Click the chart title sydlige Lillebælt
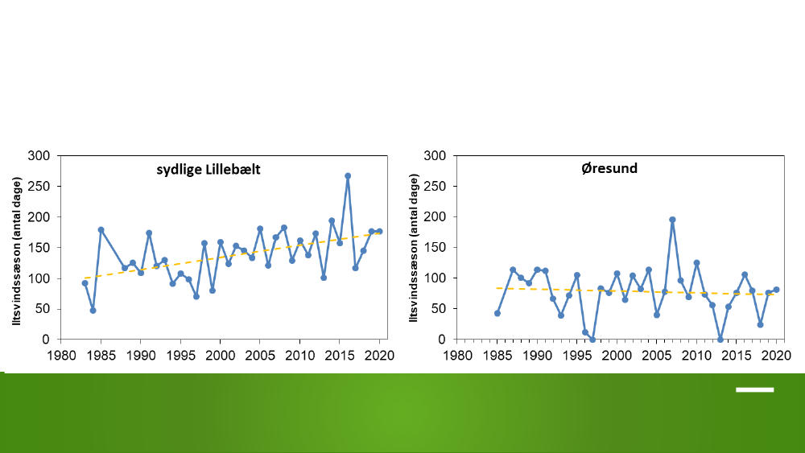tap(208, 170)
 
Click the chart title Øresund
tap(609, 168)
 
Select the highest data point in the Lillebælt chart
tap(348, 176)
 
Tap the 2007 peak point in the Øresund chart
tap(672, 220)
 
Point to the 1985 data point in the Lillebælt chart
tap(101, 230)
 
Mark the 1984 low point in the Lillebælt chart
tap(93, 311)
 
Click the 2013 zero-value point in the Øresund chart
tap(720, 339)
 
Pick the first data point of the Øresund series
tap(497, 313)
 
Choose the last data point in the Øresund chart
tap(776, 290)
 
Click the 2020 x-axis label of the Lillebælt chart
tap(379, 356)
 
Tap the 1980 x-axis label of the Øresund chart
tap(457, 356)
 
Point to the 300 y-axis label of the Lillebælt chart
tap(39, 155)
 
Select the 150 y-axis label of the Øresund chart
tap(435, 247)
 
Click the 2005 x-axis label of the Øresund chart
tap(657, 356)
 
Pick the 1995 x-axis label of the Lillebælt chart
tap(180, 356)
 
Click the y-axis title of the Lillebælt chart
tap(18, 251)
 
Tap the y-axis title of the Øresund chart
tap(414, 248)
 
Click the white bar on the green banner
tap(755, 390)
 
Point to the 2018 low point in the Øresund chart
tap(761, 325)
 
